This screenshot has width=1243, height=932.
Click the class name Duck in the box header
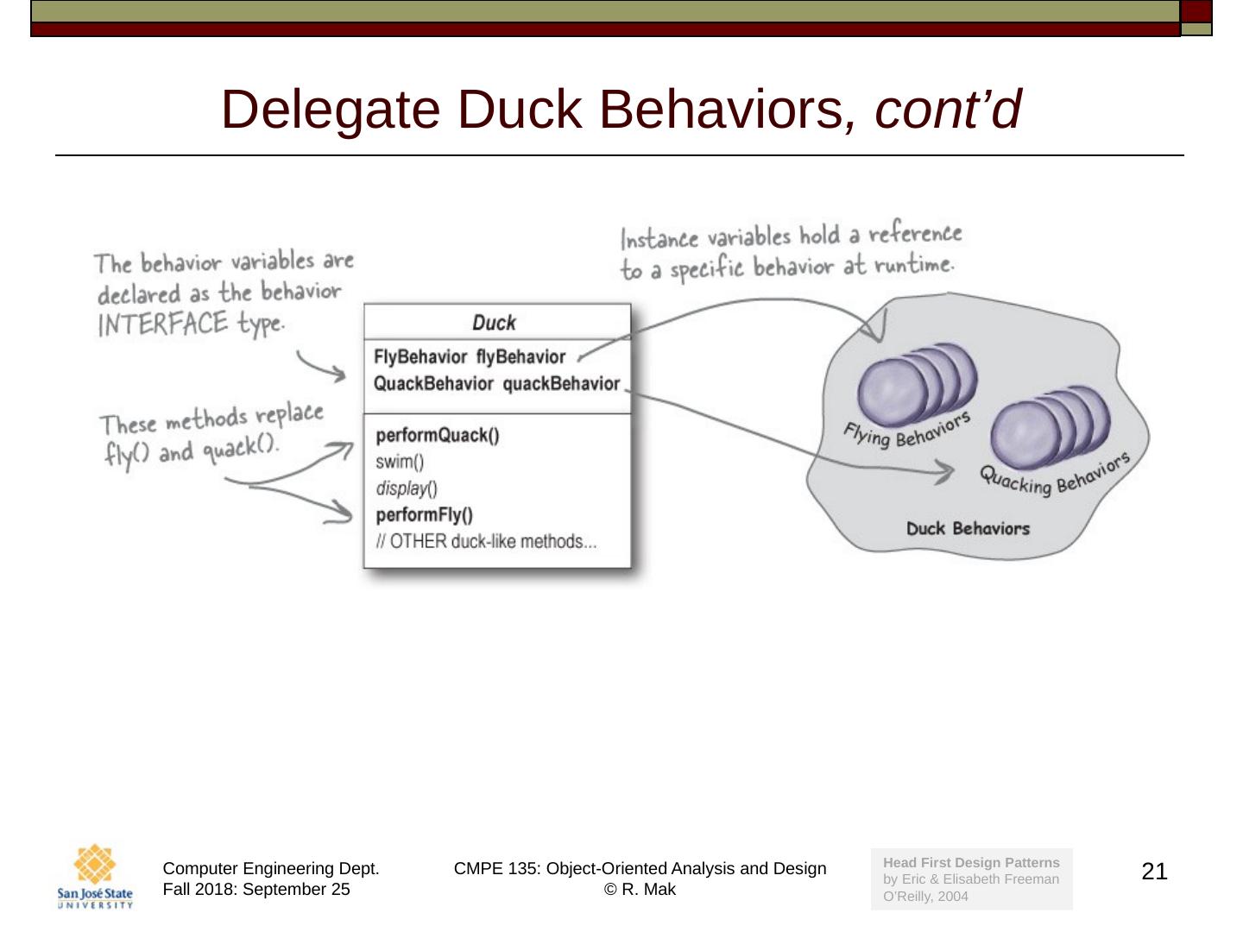pyautogui.click(x=494, y=323)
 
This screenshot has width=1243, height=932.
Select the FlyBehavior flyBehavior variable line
pyautogui.click(x=470, y=357)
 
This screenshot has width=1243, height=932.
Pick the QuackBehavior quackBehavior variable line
pyautogui.click(x=496, y=384)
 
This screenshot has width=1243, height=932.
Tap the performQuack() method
pyautogui.click(x=438, y=435)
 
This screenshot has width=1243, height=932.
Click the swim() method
pyautogui.click(x=400, y=462)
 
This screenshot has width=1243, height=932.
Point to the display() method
pyautogui.click(x=407, y=488)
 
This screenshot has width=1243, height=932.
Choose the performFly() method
pyautogui.click(x=425, y=515)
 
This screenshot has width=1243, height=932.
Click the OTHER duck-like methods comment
pyautogui.click(x=486, y=542)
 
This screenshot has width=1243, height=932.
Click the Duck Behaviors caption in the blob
pyautogui.click(x=968, y=528)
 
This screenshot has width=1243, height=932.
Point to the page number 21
pyautogui.click(x=1154, y=872)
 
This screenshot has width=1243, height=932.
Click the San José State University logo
pyautogui.click(x=95, y=876)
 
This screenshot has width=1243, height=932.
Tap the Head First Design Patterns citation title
pyautogui.click(x=971, y=862)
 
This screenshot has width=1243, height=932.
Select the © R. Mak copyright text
pyautogui.click(x=640, y=890)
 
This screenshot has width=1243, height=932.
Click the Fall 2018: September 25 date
pyautogui.click(x=256, y=890)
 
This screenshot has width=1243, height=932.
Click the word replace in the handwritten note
pyautogui.click(x=288, y=415)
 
